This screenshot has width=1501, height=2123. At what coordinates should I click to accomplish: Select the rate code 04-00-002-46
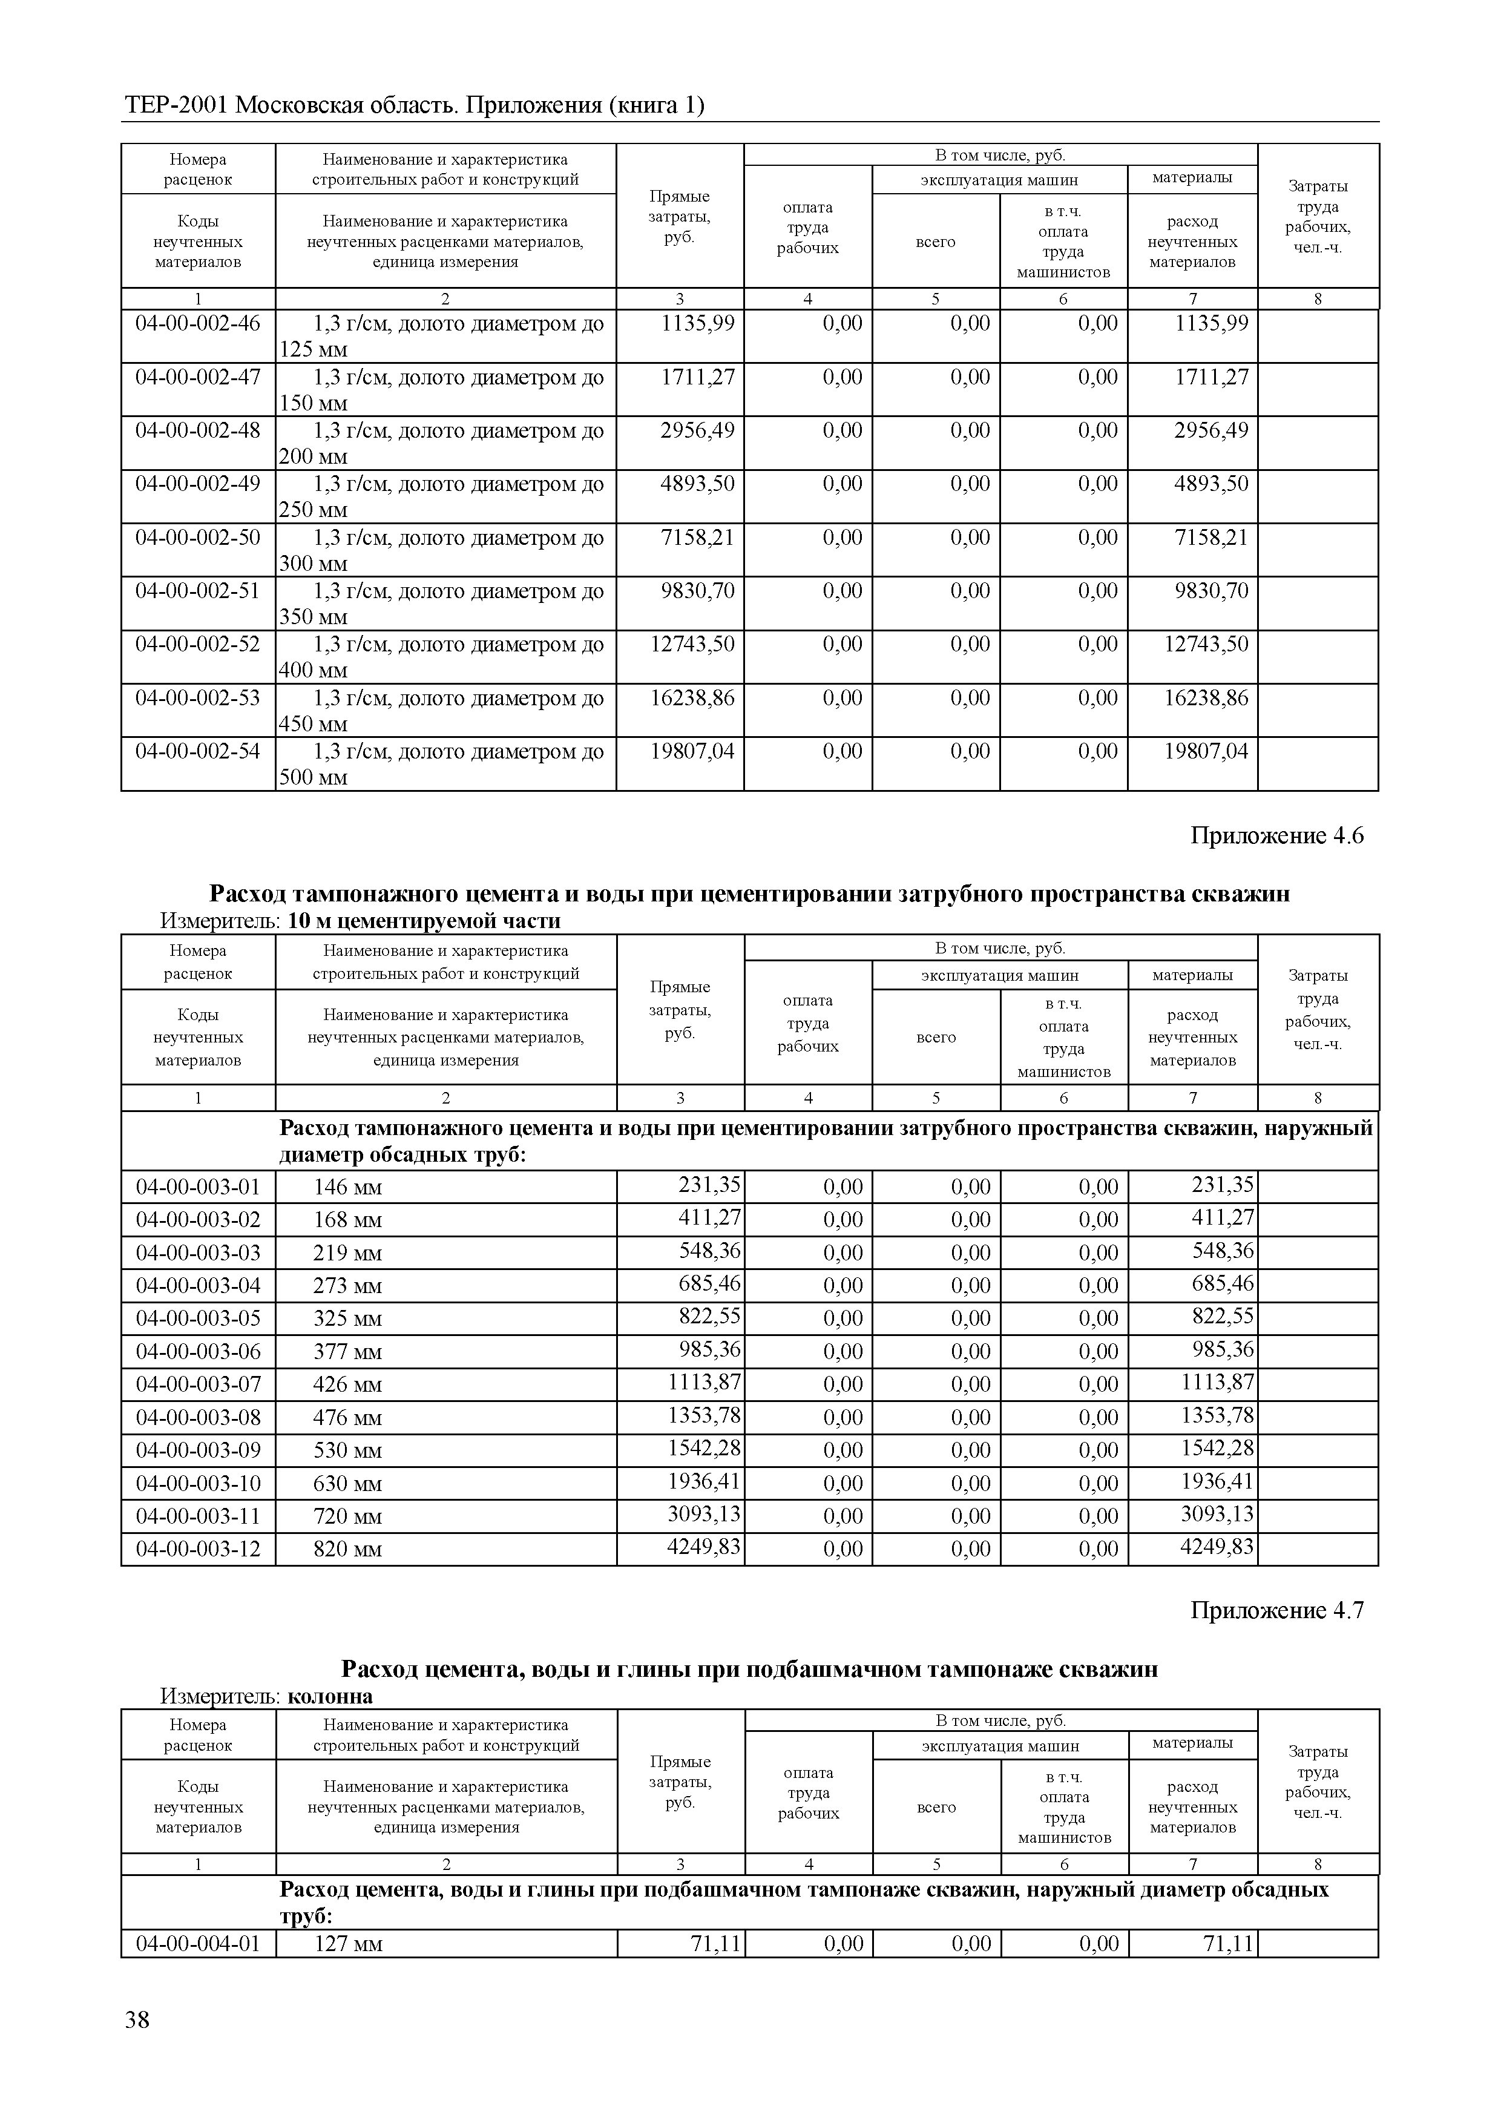coord(198,324)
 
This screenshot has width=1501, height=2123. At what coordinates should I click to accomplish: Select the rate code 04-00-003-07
coord(198,1384)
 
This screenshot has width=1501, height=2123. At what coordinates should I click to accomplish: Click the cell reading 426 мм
coord(347,1385)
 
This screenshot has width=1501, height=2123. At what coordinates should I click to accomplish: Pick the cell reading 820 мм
coord(347,1550)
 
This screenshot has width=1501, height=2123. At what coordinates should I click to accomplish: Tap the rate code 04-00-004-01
coord(198,1944)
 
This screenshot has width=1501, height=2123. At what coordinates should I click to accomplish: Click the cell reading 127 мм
coord(347,1944)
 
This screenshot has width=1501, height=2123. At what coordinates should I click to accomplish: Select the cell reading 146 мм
coord(347,1187)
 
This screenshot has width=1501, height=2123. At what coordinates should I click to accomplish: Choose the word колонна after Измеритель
coord(330,1697)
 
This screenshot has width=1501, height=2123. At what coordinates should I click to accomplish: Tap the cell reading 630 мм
coord(347,1484)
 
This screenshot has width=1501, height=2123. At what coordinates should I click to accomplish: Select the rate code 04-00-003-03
coord(198,1253)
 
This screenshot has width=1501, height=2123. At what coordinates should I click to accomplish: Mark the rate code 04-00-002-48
coord(198,431)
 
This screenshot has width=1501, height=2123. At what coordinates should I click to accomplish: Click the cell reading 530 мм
coord(347,1451)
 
